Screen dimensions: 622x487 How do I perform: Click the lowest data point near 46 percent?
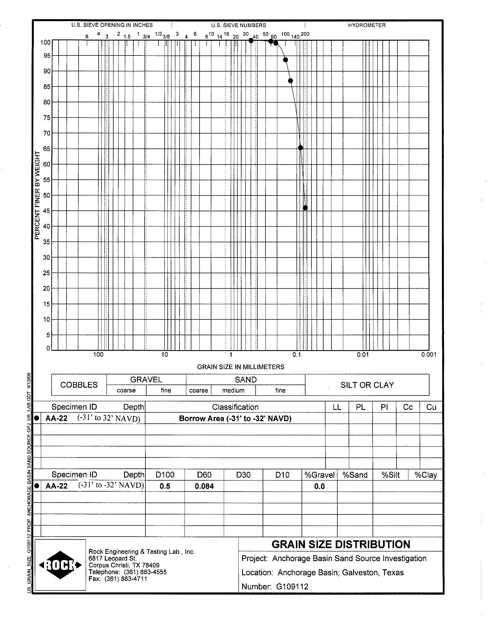click(306, 208)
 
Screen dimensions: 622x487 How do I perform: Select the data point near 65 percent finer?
click(300, 148)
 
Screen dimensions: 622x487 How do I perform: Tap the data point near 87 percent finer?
click(291, 81)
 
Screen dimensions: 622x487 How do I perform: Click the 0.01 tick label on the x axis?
click(363, 355)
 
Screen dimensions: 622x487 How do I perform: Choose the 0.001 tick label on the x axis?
click(429, 355)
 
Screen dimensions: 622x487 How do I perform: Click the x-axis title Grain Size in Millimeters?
click(241, 367)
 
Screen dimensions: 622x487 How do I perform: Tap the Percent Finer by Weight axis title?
click(37, 195)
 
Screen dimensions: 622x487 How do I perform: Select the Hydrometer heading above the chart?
click(367, 25)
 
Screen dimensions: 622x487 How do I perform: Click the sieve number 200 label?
click(305, 34)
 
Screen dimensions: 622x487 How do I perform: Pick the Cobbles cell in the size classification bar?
click(79, 385)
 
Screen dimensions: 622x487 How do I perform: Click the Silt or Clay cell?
click(367, 385)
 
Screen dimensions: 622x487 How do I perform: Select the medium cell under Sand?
click(233, 390)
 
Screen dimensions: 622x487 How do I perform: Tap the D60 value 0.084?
click(204, 486)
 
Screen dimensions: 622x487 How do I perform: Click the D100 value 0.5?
click(165, 486)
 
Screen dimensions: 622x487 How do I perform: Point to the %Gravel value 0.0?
click(319, 486)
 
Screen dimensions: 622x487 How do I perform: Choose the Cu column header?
click(431, 407)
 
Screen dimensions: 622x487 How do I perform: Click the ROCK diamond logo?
click(60, 565)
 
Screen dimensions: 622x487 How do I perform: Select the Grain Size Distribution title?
click(341, 544)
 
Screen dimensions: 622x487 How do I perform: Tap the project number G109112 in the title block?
click(292, 587)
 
